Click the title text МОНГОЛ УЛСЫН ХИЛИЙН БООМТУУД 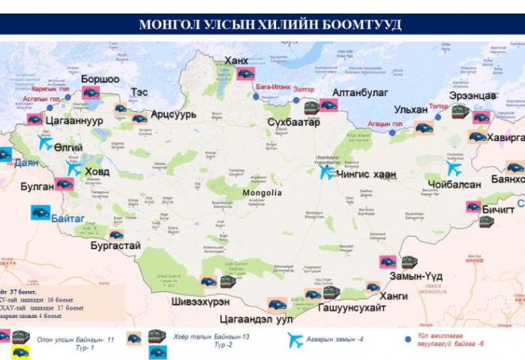point(270,24)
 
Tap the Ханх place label point(237,61)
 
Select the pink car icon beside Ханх point(246,73)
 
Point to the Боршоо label point(100,79)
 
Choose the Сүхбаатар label point(293,121)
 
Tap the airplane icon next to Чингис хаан point(325,172)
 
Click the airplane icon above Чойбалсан point(454,169)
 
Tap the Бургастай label point(115,245)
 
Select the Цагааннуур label point(74,119)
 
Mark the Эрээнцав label point(472,96)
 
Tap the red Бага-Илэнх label point(273,88)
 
